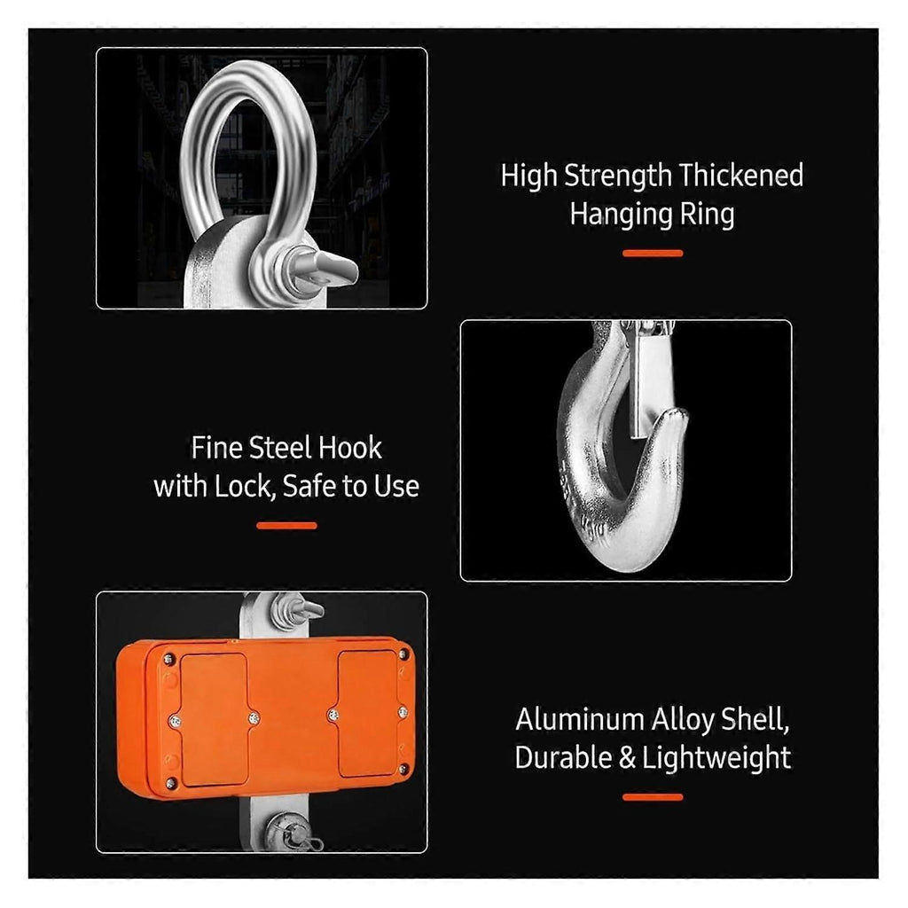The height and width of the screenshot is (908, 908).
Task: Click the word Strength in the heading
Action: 618,176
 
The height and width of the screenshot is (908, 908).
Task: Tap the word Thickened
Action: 741,175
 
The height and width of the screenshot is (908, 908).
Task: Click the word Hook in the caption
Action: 349,448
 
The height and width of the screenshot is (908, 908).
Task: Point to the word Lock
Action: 243,486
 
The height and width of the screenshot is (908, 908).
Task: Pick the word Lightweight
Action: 716,758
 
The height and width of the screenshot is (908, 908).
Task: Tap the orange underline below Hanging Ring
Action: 653,253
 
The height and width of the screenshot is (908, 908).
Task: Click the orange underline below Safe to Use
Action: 286,526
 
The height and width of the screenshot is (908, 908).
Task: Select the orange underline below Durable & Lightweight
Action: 653,797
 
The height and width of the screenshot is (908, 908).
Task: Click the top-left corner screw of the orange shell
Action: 168,659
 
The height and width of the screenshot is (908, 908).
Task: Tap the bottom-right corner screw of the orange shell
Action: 403,769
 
